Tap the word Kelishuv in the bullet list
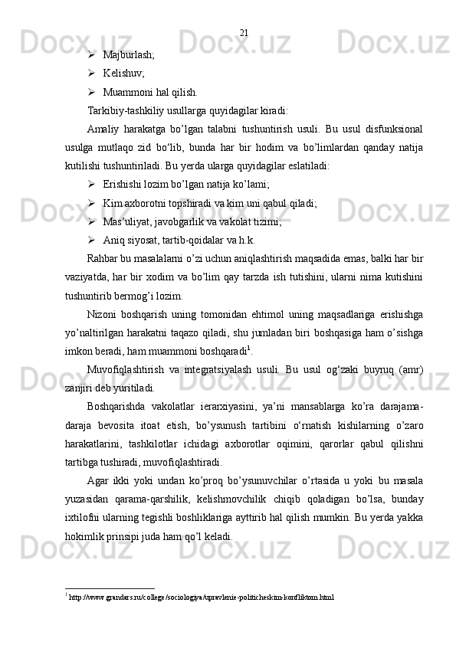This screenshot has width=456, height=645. pyautogui.click(x=123, y=74)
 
